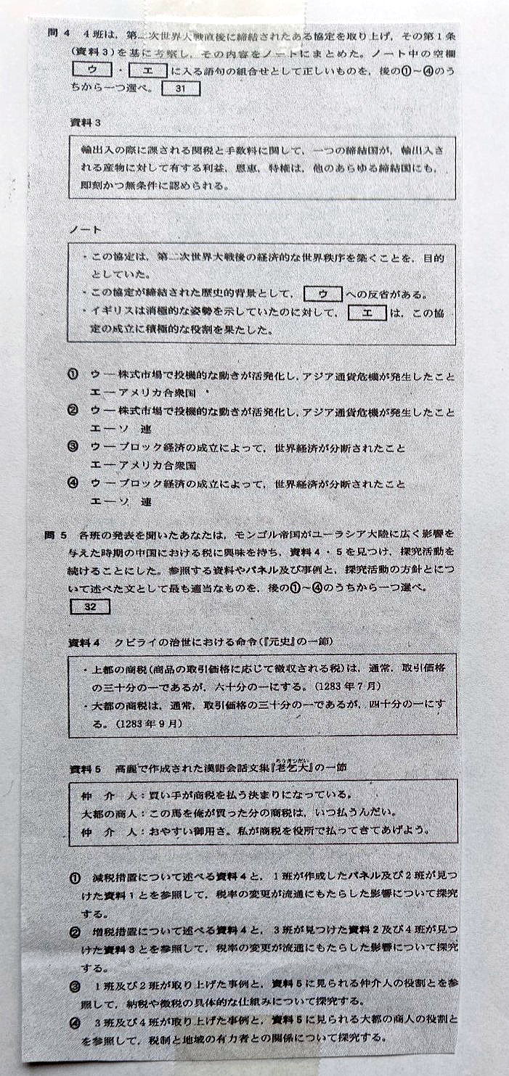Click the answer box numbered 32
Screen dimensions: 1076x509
[89, 607]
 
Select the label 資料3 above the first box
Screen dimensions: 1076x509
[85, 123]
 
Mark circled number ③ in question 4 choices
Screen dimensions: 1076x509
[73, 448]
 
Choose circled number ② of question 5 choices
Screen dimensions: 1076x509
[76, 931]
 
